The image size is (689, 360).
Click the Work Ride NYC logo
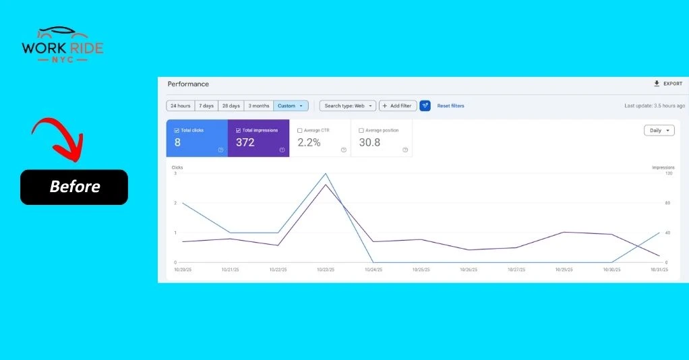[63, 46]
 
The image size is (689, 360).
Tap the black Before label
[74, 187]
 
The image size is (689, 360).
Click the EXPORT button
[668, 84]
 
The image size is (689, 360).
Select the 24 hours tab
[180, 106]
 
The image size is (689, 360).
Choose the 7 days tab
[207, 106]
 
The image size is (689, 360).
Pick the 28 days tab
[231, 106]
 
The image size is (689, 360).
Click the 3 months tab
[258, 106]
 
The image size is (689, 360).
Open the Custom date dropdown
[291, 106]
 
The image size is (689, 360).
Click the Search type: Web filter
[347, 106]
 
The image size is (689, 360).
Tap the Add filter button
[397, 106]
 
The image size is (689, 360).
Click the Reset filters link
[450, 106]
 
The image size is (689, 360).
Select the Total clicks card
[197, 138]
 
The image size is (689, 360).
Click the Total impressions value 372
[245, 142]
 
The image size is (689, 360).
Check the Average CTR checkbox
[299, 130]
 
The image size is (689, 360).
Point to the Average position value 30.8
[369, 142]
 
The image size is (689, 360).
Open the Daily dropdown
[659, 131]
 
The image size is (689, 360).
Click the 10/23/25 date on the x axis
[326, 270]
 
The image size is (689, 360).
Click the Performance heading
[188, 84]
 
